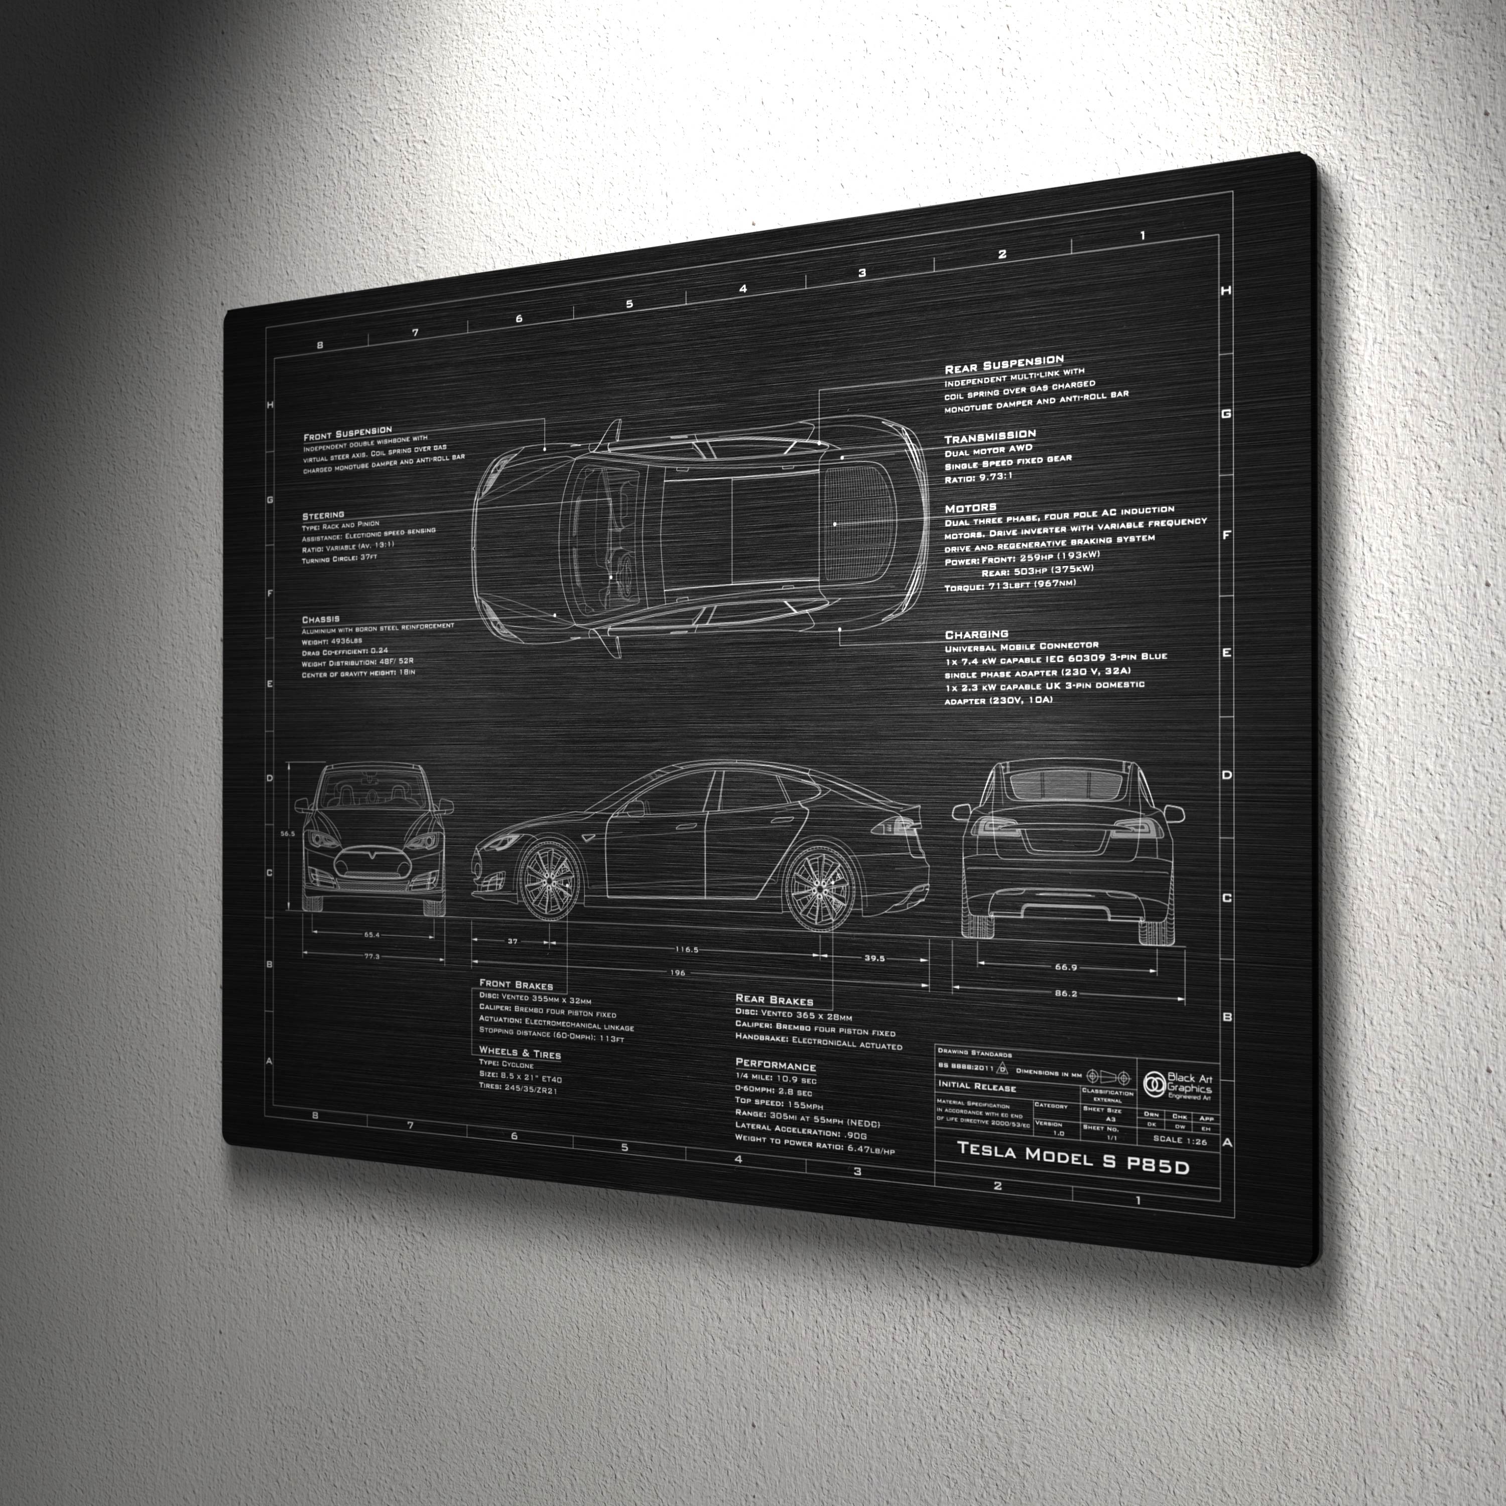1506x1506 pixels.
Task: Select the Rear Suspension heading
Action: pyautogui.click(x=1004, y=364)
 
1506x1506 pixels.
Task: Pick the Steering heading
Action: pyautogui.click(x=323, y=515)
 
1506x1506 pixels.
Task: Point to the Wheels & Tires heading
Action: pyautogui.click(x=520, y=1053)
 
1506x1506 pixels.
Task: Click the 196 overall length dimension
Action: pyautogui.click(x=677, y=973)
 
